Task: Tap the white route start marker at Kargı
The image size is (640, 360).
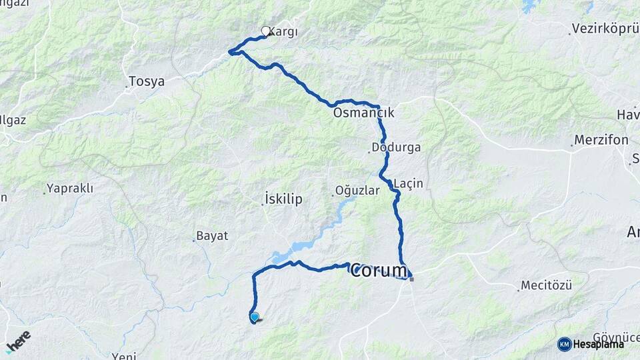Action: [x=266, y=31]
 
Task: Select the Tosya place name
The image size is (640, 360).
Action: [x=147, y=81]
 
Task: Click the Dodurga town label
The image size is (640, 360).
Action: [x=397, y=147]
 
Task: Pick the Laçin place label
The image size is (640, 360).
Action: [x=409, y=183]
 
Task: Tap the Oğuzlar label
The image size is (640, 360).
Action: [x=359, y=191]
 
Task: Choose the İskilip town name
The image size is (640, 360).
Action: [x=283, y=199]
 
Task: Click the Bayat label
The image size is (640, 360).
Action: [x=213, y=236]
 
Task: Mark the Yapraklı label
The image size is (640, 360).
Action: [x=70, y=189]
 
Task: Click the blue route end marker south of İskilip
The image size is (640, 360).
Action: [x=254, y=317]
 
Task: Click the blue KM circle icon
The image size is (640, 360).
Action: [x=564, y=344]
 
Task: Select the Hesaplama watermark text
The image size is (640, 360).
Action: [x=599, y=344]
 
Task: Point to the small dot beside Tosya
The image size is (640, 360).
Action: [x=127, y=86]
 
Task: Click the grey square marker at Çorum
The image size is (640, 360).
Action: [x=412, y=279]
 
